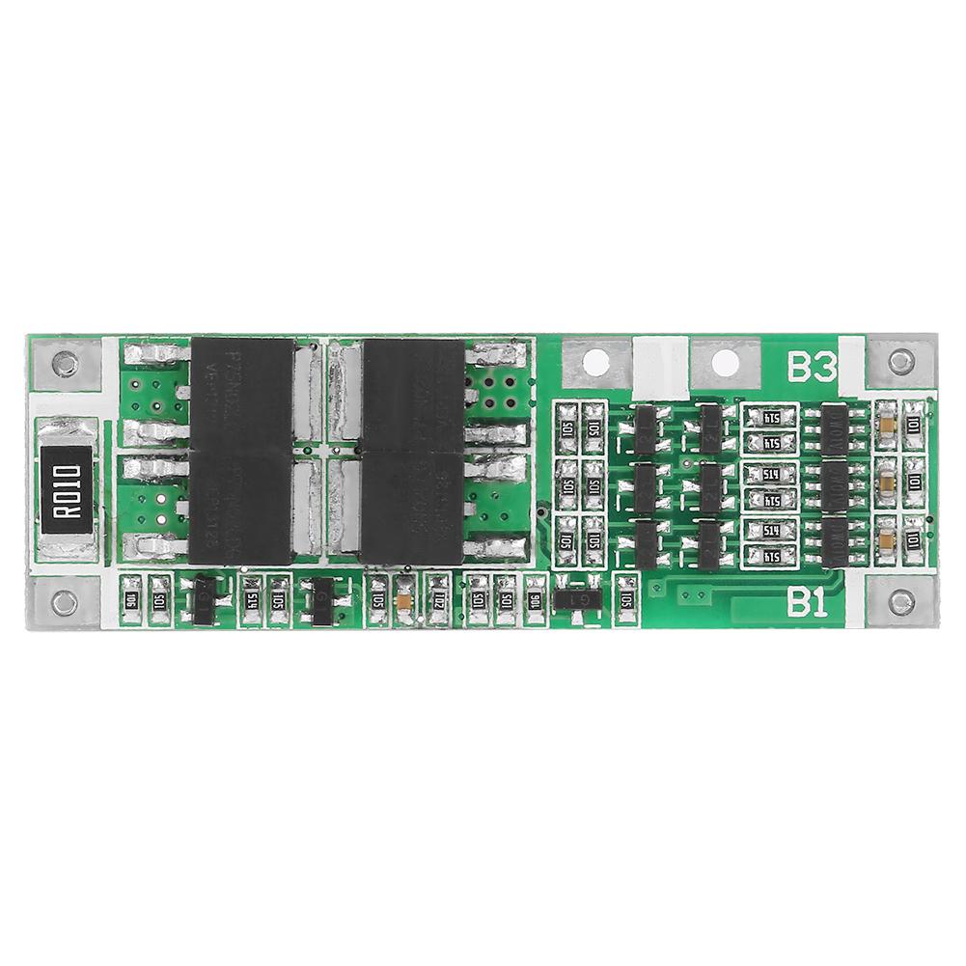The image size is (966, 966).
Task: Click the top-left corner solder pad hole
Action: point(65,364)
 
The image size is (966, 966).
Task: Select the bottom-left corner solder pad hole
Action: point(65,603)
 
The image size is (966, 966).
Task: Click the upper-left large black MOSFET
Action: point(242,396)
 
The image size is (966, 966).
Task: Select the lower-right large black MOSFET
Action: point(412,509)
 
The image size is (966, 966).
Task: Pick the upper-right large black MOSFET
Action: point(412,396)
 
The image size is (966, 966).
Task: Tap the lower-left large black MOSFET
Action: point(241,509)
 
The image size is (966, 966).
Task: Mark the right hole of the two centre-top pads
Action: point(727,362)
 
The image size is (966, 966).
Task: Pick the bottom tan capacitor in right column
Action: point(885,534)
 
